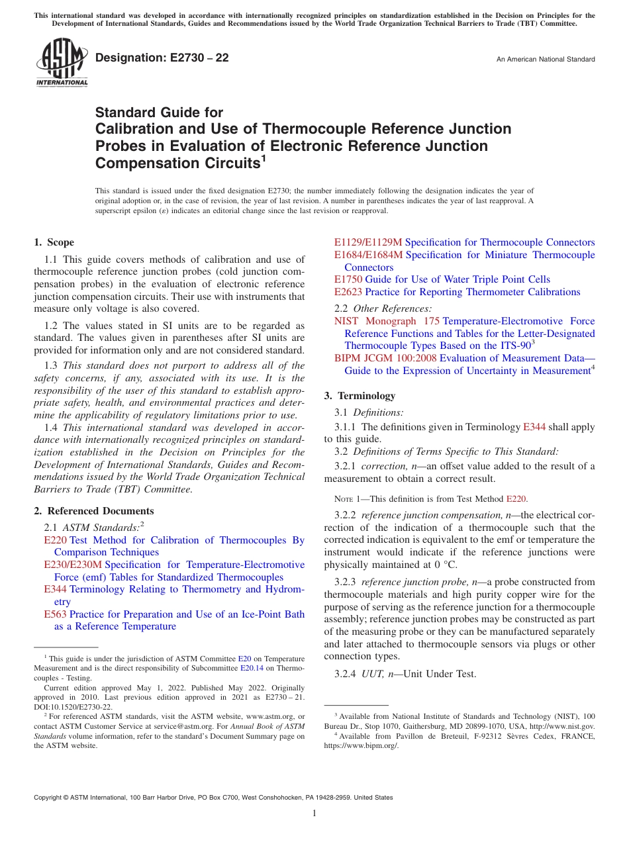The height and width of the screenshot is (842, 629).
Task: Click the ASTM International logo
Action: tap(61, 63)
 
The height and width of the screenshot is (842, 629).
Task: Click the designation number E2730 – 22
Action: tap(162, 58)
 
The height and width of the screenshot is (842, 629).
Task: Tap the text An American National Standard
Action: tap(546, 60)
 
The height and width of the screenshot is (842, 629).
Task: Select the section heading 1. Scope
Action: tap(54, 242)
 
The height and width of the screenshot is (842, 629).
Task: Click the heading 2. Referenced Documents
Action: tap(94, 511)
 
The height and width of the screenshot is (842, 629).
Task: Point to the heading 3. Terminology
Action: tap(360, 396)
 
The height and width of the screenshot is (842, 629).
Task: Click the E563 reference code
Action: tap(55, 614)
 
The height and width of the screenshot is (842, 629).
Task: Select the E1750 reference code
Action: tap(348, 279)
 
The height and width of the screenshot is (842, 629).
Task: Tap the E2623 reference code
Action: tap(348, 292)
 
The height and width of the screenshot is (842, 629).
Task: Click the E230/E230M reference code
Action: tap(73, 565)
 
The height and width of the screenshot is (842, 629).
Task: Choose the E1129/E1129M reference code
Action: tap(368, 242)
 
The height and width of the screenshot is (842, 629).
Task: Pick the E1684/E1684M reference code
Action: tap(368, 255)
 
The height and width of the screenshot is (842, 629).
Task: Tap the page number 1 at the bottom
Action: tap(314, 814)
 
